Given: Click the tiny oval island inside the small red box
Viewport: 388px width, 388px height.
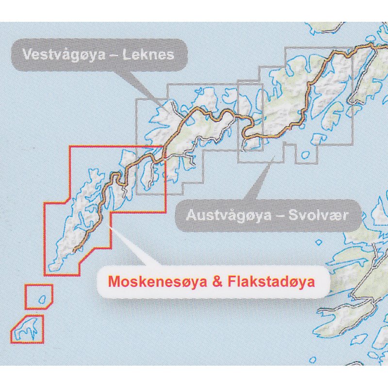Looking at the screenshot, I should (42, 299).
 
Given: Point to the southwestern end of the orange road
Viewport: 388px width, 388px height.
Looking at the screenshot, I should (74, 251).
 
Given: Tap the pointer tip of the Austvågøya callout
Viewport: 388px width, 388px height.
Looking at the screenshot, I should (270, 163).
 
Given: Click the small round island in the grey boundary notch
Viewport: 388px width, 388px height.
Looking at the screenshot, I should (306, 155).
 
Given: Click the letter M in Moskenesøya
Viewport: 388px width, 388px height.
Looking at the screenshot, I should (113, 281).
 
